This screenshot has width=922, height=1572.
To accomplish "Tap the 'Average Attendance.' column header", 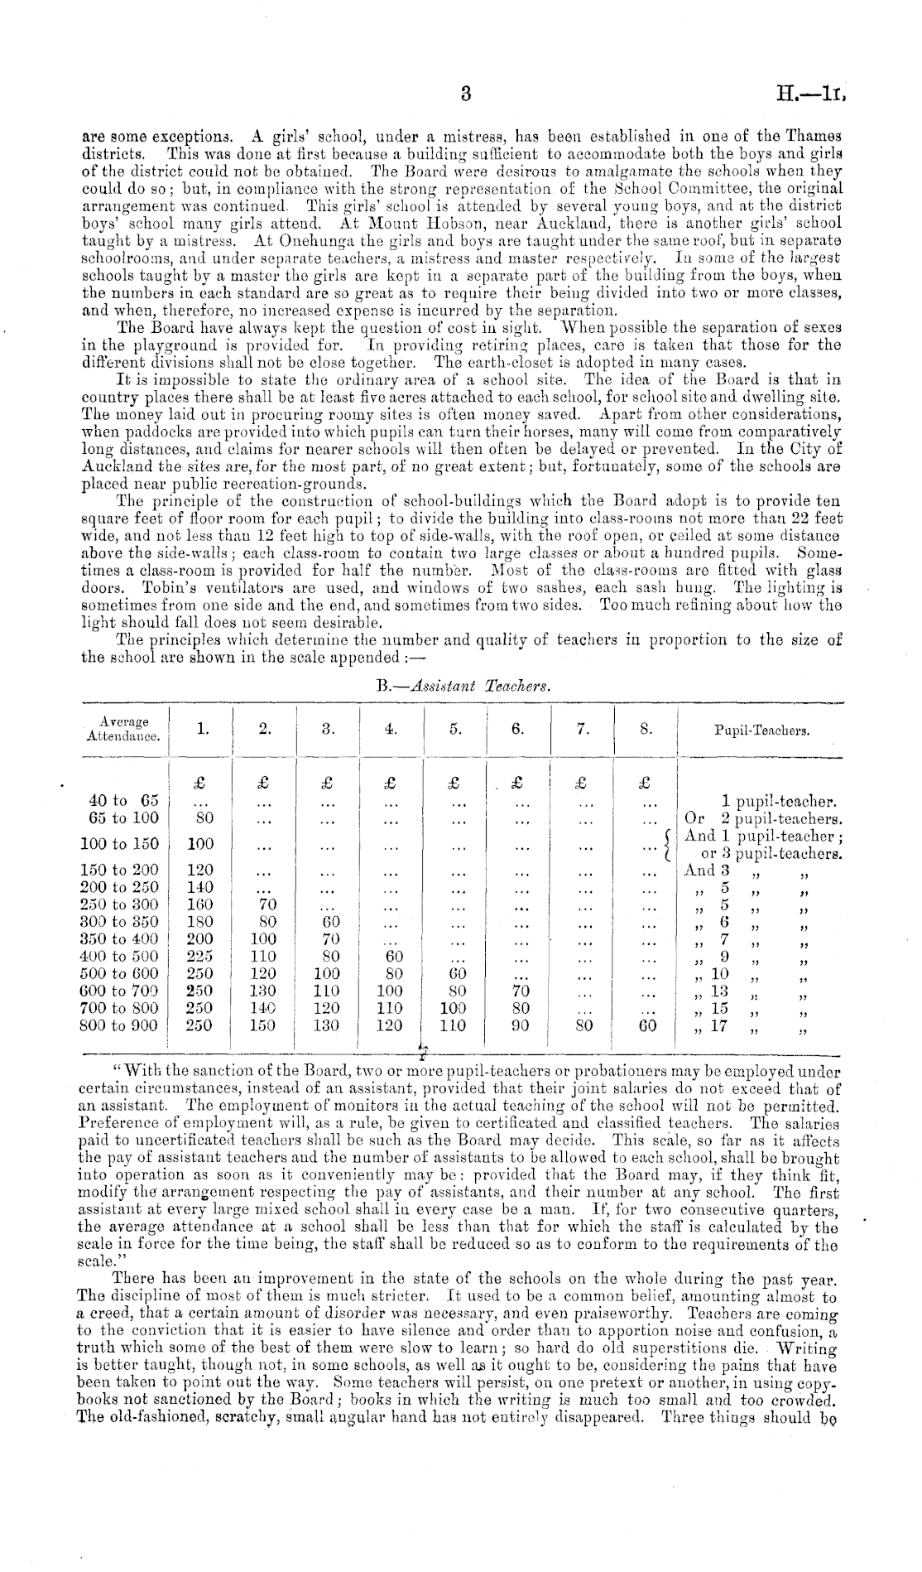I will click(x=124, y=729).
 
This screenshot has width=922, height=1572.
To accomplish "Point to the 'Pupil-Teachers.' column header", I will click(x=761, y=731).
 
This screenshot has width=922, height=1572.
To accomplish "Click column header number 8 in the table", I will click(x=647, y=730).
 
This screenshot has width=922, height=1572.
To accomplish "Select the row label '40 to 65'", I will click(x=123, y=801).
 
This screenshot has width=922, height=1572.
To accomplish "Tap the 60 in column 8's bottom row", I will click(x=647, y=1025).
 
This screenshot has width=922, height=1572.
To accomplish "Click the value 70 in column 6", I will click(x=519, y=991).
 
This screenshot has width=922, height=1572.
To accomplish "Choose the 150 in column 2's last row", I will click(x=262, y=1025).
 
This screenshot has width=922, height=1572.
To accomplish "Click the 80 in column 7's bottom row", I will click(x=583, y=1025).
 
